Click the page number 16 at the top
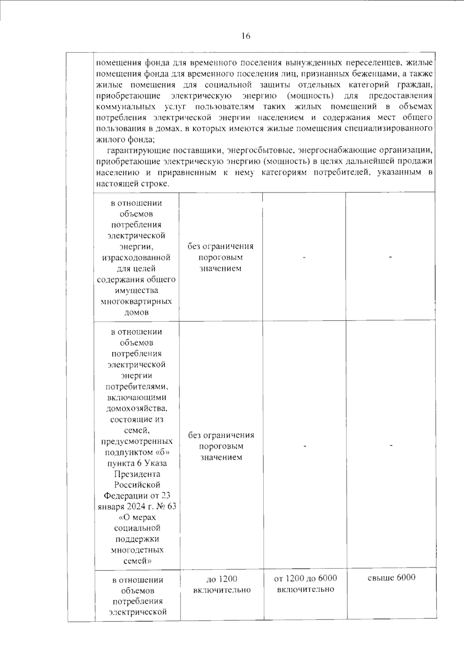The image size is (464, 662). point(246,36)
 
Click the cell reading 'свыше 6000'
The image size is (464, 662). point(391,577)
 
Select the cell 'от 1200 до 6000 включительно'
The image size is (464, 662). point(305,584)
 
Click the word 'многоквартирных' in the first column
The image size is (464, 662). point(136,301)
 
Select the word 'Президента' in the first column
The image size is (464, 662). point(137,474)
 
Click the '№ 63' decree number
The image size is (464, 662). point(165,506)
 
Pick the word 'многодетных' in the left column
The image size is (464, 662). point(137,550)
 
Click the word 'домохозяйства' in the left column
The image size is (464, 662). point(137,408)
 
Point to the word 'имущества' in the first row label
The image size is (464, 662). point(136,290)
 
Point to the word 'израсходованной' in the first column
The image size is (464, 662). point(136,257)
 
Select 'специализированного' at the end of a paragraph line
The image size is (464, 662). point(392,128)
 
